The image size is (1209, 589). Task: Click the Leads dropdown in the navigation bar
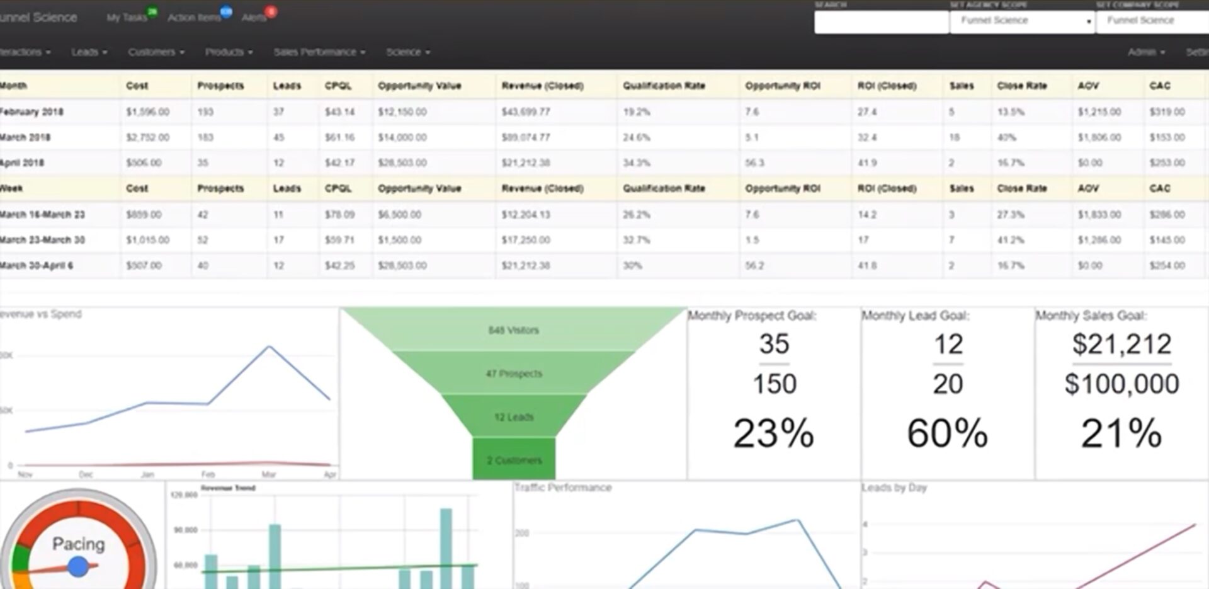click(x=89, y=52)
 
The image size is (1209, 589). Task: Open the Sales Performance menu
click(x=319, y=52)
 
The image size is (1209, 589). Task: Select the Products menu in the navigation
click(x=228, y=52)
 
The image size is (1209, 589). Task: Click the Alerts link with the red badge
click(x=255, y=18)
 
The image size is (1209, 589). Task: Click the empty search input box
click(x=880, y=22)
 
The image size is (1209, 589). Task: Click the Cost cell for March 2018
click(x=148, y=137)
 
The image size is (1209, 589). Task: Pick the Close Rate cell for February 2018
click(x=1011, y=112)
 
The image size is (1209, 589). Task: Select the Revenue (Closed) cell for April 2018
click(x=526, y=163)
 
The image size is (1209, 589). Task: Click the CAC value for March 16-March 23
click(x=1167, y=215)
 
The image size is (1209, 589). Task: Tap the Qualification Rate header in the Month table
click(x=664, y=86)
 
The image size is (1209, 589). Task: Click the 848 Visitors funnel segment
click(x=513, y=330)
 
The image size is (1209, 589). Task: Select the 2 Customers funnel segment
click(x=514, y=460)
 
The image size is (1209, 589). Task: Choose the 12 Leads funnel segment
click(x=514, y=417)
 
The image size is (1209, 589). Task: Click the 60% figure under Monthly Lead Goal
click(x=947, y=433)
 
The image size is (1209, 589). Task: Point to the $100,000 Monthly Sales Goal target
click(x=1121, y=384)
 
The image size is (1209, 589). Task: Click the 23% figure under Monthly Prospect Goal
click(x=773, y=433)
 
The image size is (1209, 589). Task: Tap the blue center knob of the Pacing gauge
click(x=78, y=566)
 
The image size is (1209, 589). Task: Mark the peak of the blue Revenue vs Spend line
click(x=270, y=346)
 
